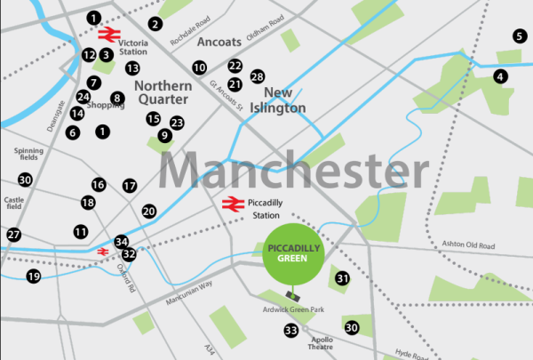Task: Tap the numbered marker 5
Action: coord(520,36)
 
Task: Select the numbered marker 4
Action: coord(501,77)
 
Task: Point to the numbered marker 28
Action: coord(258,77)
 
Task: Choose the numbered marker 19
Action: coord(33,276)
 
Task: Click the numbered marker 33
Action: coord(290,331)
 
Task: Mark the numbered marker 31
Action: coord(343,279)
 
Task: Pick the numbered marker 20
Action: coord(149,211)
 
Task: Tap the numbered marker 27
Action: coord(13,235)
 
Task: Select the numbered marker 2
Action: coord(155,23)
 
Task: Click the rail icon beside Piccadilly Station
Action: coord(233,204)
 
